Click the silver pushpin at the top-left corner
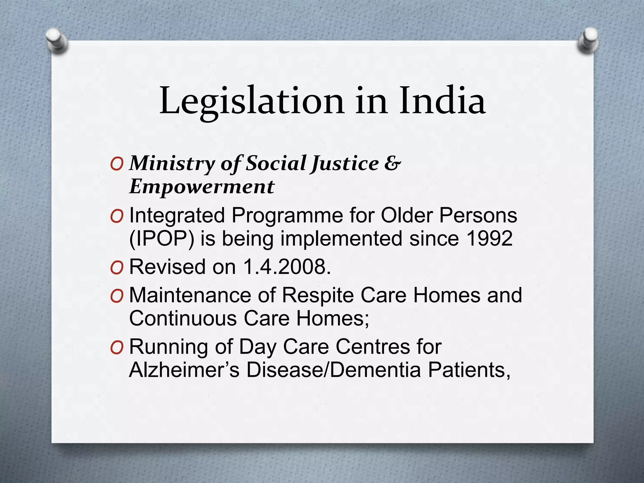tap(57, 41)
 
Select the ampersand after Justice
tap(392, 164)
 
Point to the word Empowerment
tap(202, 187)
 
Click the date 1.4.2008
tap(287, 267)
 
